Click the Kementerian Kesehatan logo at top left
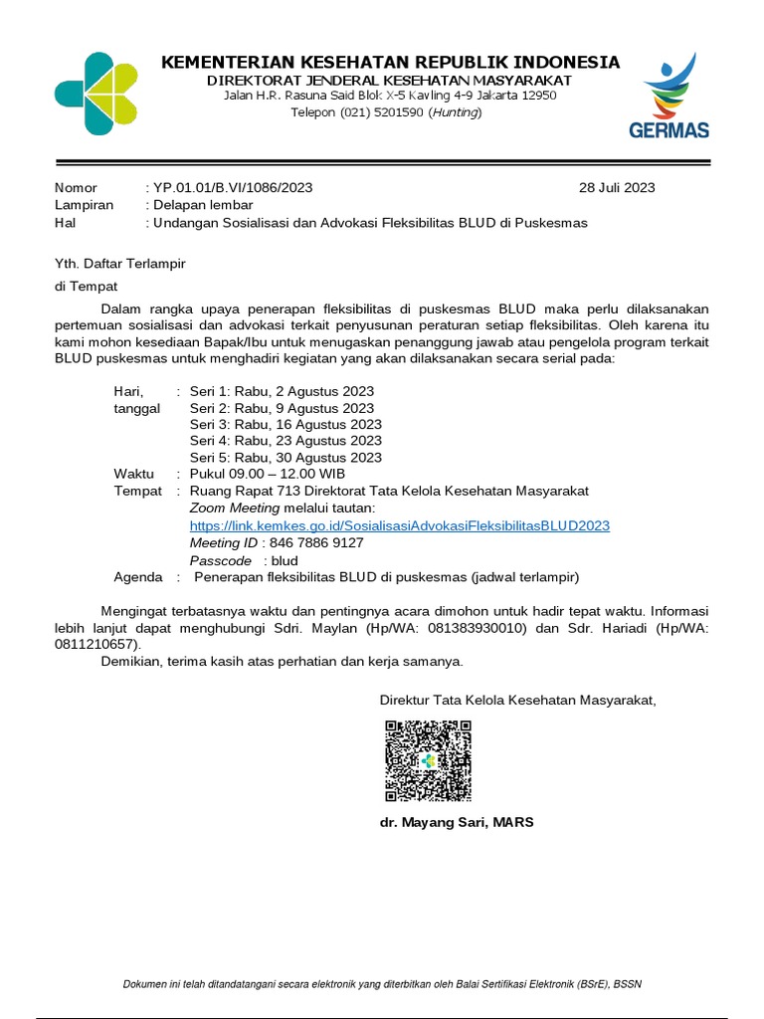95,94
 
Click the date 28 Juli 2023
617,187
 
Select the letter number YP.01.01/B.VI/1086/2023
232,187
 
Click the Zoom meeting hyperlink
399,525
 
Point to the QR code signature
428,761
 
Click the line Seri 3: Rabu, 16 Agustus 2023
286,424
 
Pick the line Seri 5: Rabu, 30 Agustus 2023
286,458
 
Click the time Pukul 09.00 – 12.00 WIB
268,474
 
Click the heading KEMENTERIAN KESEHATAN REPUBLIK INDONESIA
390,63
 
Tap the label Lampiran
84,205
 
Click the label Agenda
137,577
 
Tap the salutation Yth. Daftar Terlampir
119,264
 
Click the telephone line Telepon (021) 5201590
385,112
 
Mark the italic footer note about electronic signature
382,984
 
